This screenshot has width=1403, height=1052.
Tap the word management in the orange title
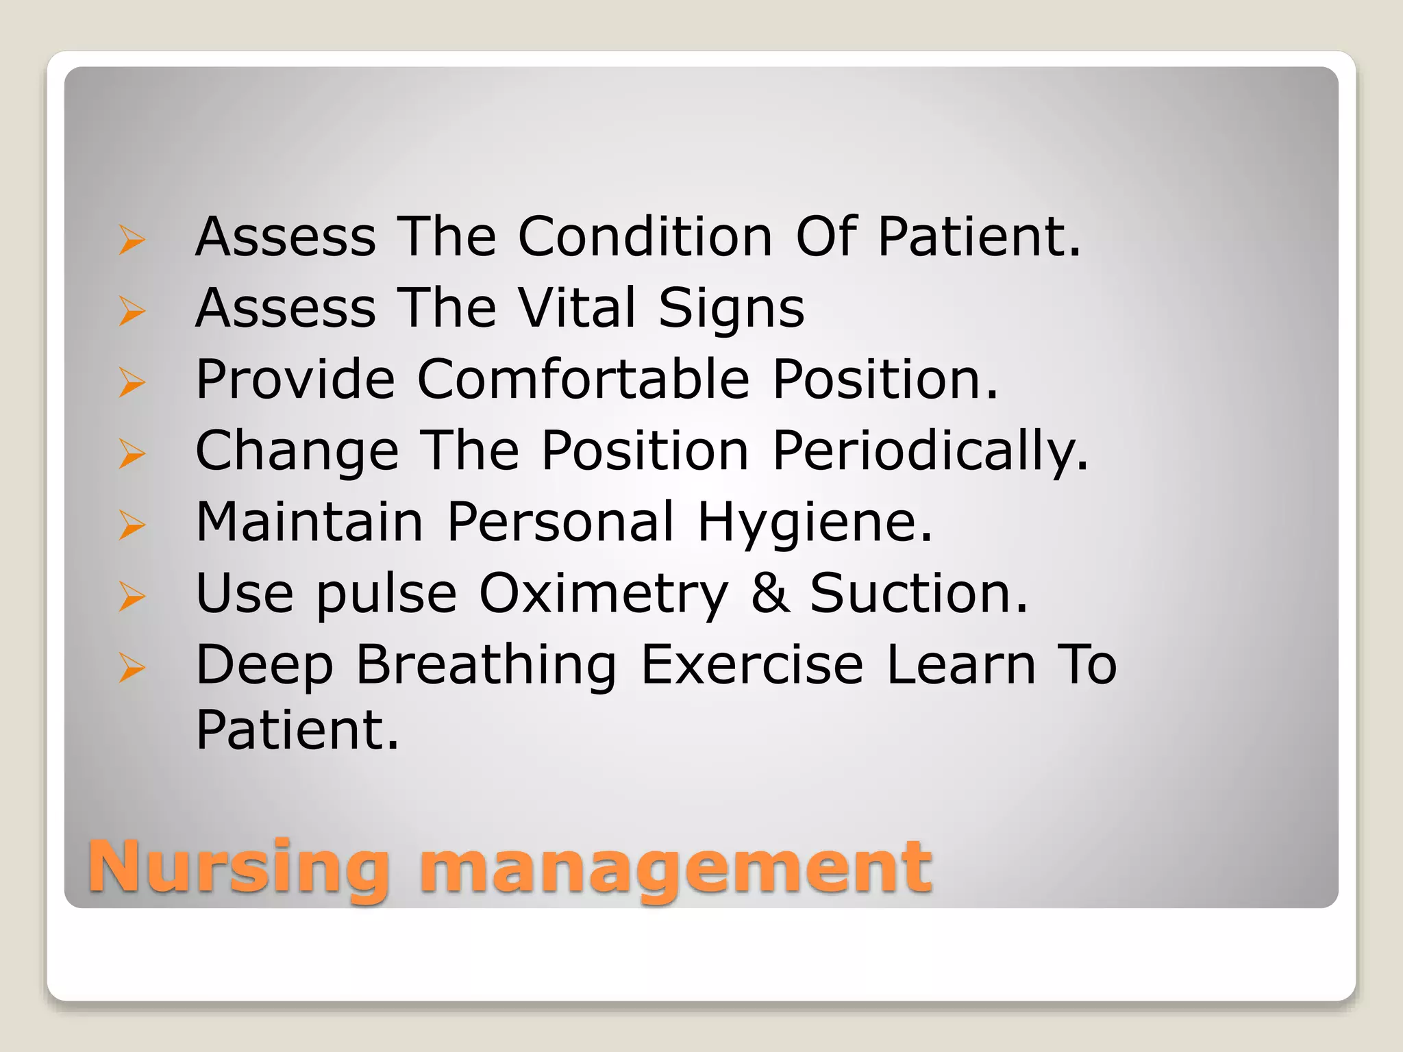point(675,868)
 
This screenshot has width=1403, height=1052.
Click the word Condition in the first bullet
point(645,236)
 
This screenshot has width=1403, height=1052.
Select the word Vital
point(577,308)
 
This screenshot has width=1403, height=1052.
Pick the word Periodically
point(930,451)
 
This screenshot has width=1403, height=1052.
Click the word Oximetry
point(603,594)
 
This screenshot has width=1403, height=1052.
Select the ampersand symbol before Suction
point(770,593)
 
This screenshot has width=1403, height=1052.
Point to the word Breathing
point(486,666)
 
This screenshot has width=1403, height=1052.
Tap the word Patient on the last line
point(297,730)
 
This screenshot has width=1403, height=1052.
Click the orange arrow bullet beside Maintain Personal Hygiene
point(132,525)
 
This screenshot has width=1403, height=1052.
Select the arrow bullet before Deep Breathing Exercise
point(132,668)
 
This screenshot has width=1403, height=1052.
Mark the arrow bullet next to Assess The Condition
point(132,240)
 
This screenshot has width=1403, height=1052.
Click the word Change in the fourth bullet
point(297,451)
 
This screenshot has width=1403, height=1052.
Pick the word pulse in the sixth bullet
point(386,594)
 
